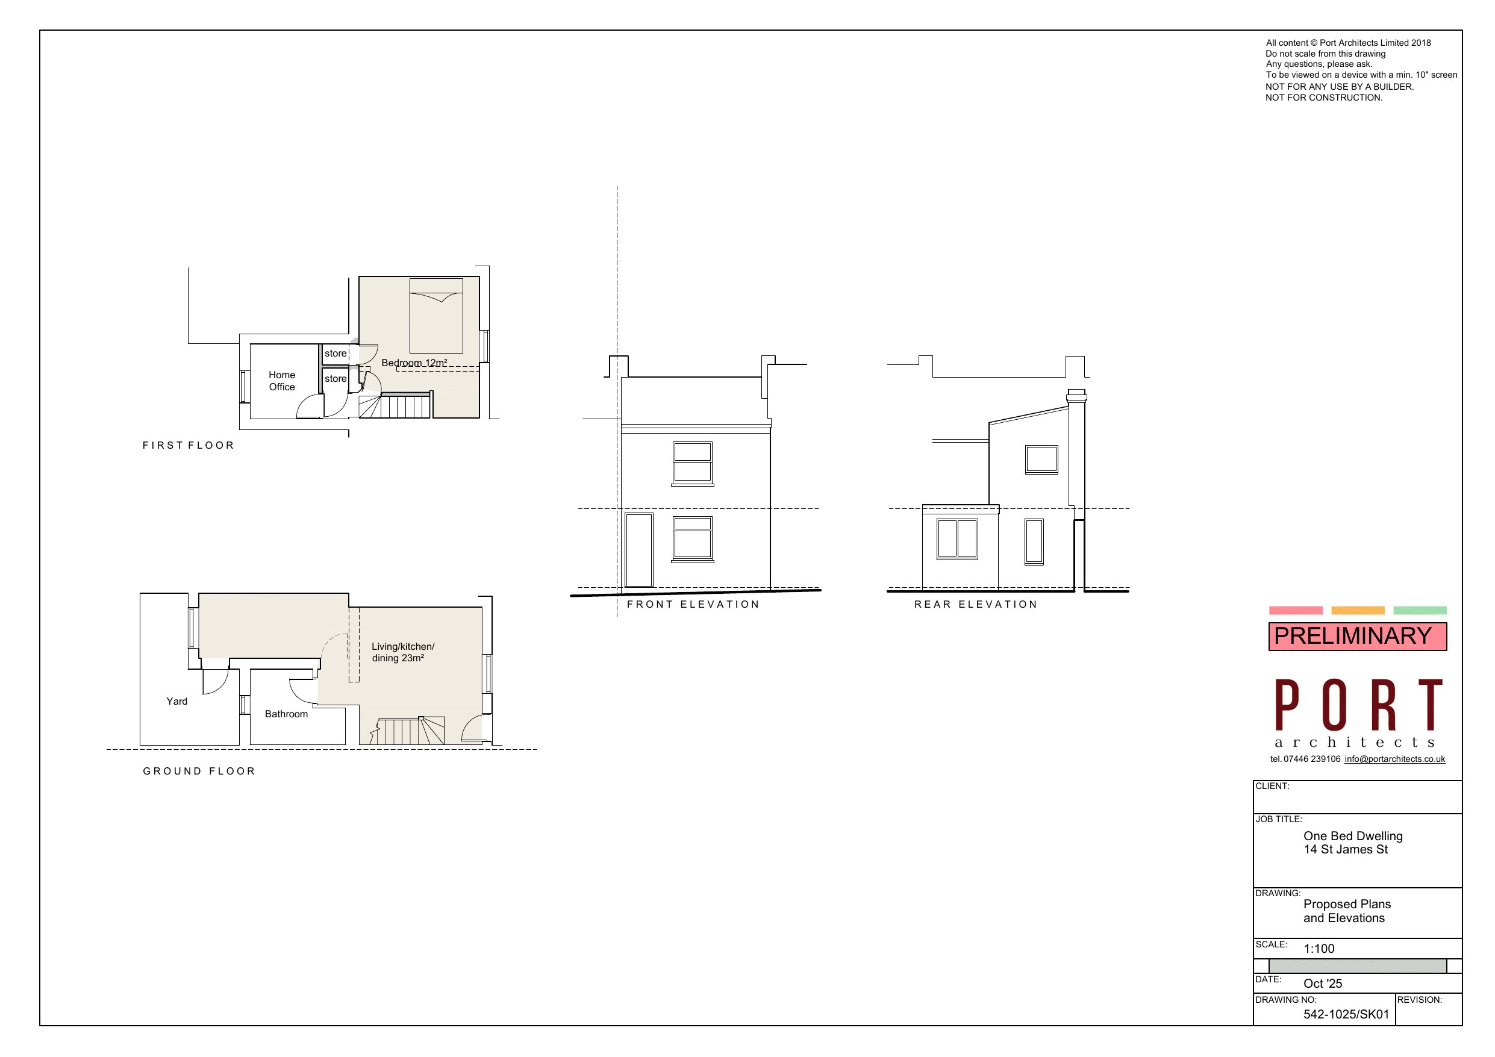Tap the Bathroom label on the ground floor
pyautogui.click(x=286, y=714)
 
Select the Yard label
pyautogui.click(x=176, y=702)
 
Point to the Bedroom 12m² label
pyautogui.click(x=414, y=363)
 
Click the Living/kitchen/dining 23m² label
pyautogui.click(x=402, y=652)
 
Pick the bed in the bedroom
pyautogui.click(x=435, y=316)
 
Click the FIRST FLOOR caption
pyautogui.click(x=188, y=446)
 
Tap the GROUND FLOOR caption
pyautogui.click(x=199, y=771)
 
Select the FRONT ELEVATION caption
pyautogui.click(x=693, y=604)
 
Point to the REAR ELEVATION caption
pyautogui.click(x=975, y=604)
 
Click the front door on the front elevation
pyautogui.click(x=638, y=550)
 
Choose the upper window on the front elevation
pyautogui.click(x=692, y=463)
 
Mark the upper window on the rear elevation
pyautogui.click(x=1041, y=459)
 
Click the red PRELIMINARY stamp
pyautogui.click(x=1357, y=635)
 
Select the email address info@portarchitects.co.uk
pyautogui.click(x=1395, y=759)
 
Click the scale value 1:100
pyautogui.click(x=1319, y=949)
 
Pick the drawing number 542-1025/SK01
pyautogui.click(x=1346, y=1014)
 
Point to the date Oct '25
pyautogui.click(x=1323, y=984)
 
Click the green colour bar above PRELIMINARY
pyautogui.click(x=1420, y=610)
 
